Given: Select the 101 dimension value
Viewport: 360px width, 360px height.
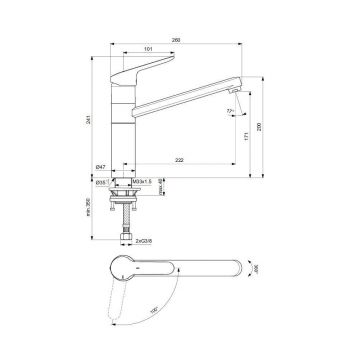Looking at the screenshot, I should (148, 51).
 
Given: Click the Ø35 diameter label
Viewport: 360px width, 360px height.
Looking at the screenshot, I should (103, 183).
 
